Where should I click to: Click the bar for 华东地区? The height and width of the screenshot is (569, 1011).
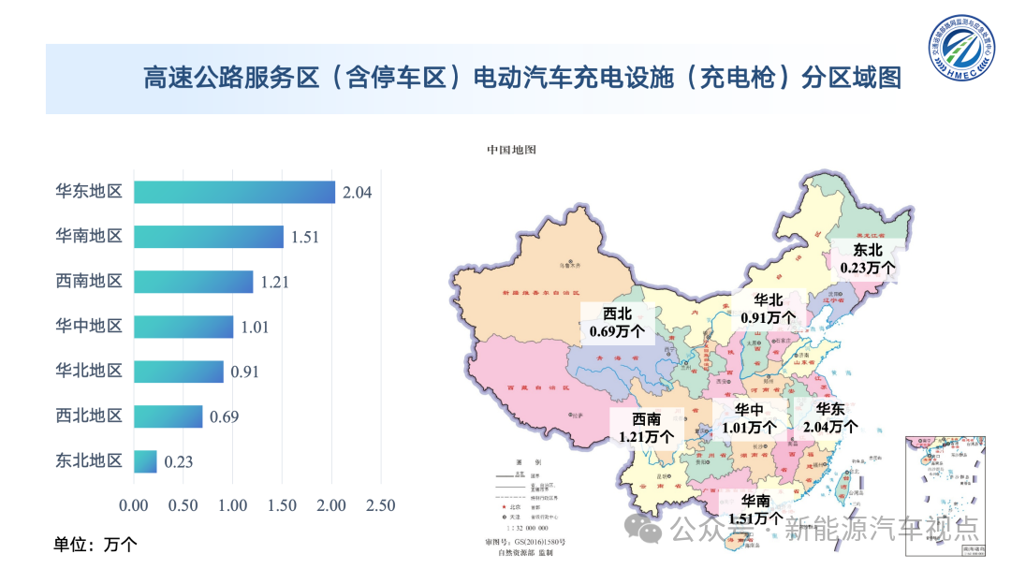[234, 192]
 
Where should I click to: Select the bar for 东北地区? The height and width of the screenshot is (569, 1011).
[145, 461]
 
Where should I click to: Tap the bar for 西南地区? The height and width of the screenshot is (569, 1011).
[193, 282]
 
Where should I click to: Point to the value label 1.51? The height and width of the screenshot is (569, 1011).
[305, 237]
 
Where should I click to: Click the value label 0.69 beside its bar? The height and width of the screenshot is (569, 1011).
[224, 416]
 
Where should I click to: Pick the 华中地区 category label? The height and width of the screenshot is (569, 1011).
[89, 327]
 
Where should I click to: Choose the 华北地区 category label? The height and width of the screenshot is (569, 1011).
[89, 372]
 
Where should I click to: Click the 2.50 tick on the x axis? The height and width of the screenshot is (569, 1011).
[380, 505]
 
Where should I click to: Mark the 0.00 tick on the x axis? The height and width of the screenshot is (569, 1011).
[134, 505]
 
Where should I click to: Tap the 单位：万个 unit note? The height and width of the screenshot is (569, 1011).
[95, 544]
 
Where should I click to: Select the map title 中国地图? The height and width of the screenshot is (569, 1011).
[511, 150]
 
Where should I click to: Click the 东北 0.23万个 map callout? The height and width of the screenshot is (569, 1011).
[868, 258]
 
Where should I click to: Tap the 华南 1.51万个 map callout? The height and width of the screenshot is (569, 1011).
[755, 509]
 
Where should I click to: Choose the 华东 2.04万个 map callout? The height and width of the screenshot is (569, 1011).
[830, 417]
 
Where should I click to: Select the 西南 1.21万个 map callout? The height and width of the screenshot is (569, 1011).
[646, 428]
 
